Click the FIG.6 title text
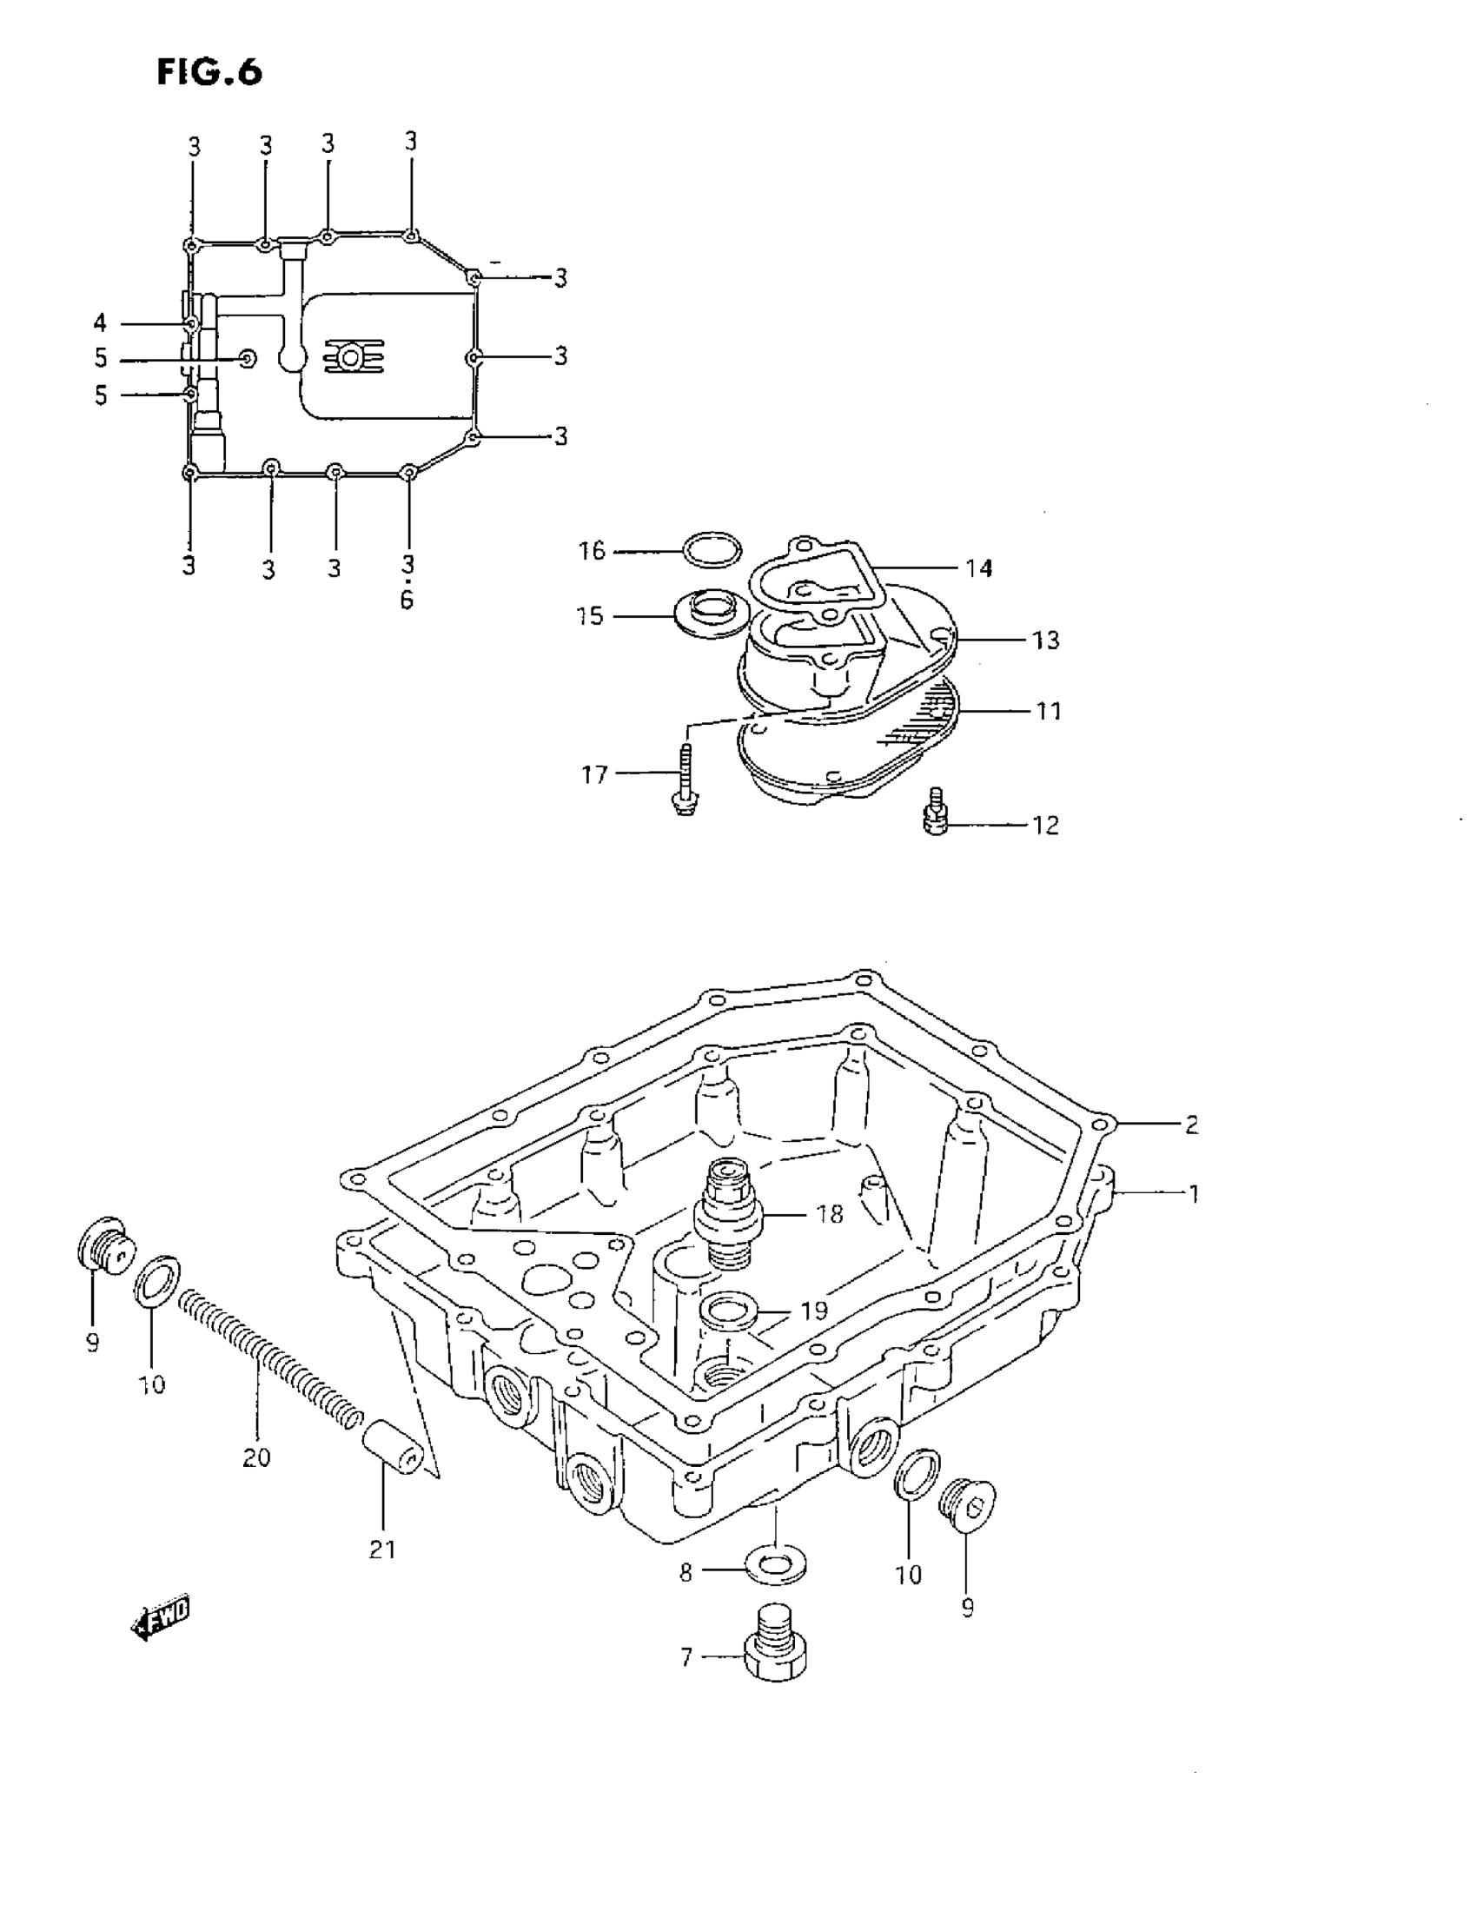(x=209, y=73)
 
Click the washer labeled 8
(x=776, y=1566)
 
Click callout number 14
(x=978, y=569)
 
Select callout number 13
(x=1045, y=640)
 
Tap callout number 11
(x=1049, y=711)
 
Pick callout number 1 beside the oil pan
(x=1194, y=1193)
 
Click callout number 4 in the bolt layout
(x=100, y=323)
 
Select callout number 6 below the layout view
(x=407, y=601)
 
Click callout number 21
(x=382, y=1550)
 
